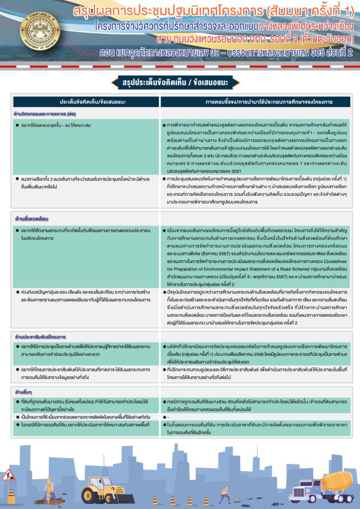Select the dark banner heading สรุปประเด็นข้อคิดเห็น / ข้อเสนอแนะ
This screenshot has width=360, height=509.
[180, 82]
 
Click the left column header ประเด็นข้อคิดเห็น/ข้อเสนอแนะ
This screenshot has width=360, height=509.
[86, 102]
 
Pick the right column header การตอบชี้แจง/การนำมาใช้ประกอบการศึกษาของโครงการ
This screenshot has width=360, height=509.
[255, 102]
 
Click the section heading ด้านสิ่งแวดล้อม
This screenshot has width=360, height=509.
[32, 218]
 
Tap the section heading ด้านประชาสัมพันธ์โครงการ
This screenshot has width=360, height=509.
[41, 337]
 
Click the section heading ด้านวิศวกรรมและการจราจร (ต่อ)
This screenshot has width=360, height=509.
[44, 113]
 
